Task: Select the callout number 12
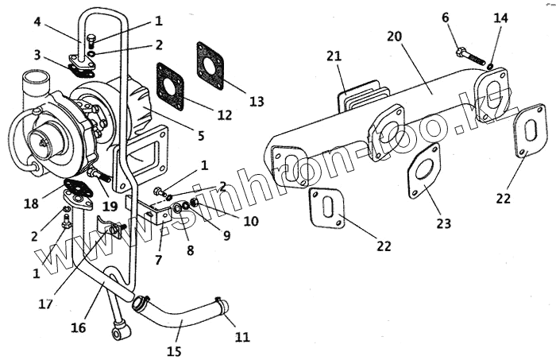(x=224, y=114)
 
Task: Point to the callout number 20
(x=396, y=37)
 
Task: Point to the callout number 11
(x=241, y=338)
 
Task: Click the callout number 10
(x=251, y=221)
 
